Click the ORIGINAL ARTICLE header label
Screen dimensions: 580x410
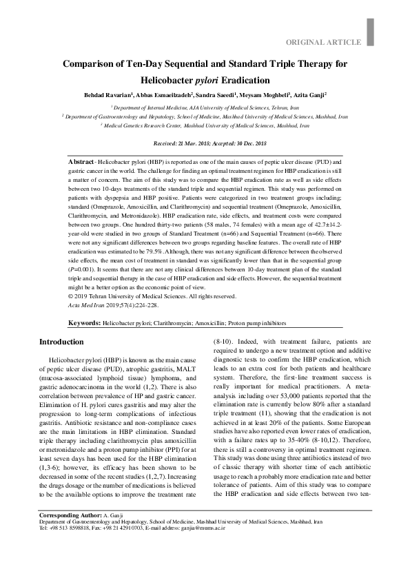[x=325, y=42]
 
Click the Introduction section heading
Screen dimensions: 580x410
[x=61, y=342]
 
